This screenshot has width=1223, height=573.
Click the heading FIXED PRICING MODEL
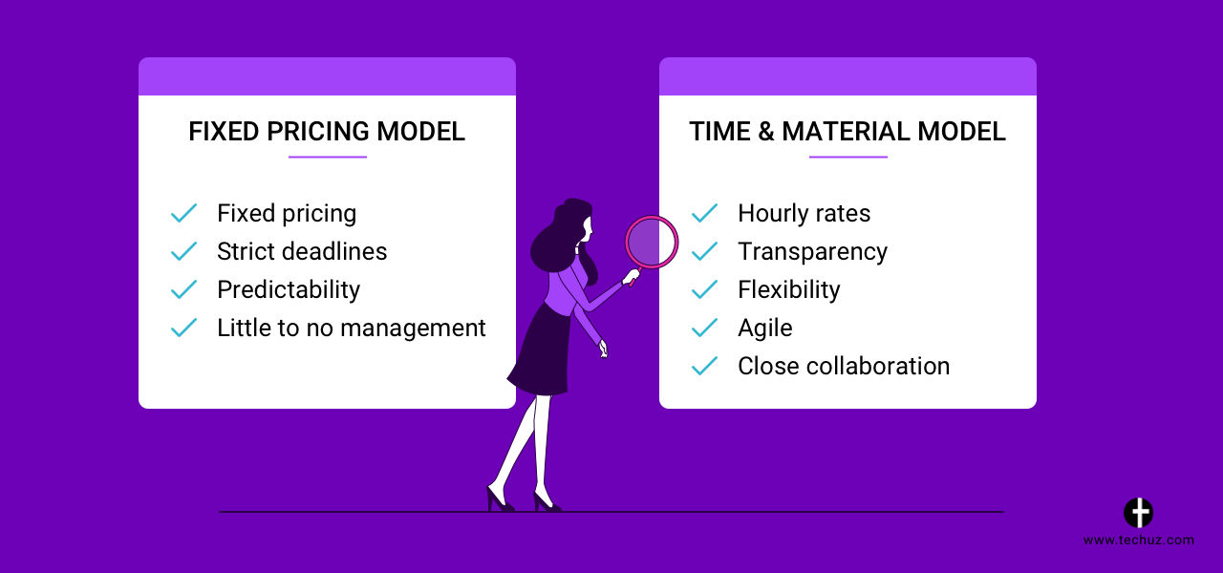327,132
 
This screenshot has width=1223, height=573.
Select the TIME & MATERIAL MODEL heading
848,132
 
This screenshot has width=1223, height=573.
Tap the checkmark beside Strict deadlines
184,251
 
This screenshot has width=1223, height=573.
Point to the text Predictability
289,289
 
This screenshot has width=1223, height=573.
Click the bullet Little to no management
351,328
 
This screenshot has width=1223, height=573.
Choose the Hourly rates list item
804,213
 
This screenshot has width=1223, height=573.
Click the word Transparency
812,252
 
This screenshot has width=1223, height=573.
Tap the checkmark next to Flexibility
705,289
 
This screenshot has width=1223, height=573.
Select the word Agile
765,329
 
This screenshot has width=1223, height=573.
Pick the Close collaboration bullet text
844,366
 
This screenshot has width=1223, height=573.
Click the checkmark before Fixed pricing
184,213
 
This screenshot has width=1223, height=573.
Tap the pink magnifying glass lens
652,243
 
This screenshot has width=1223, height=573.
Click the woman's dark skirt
541,352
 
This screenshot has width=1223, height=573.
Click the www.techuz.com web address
1138,541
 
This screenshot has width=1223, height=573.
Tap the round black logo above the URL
1138,513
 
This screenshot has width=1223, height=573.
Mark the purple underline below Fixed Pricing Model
328,158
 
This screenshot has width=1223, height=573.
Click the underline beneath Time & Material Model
848,158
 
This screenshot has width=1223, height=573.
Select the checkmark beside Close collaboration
705,366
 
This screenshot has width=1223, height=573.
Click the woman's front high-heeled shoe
547,501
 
